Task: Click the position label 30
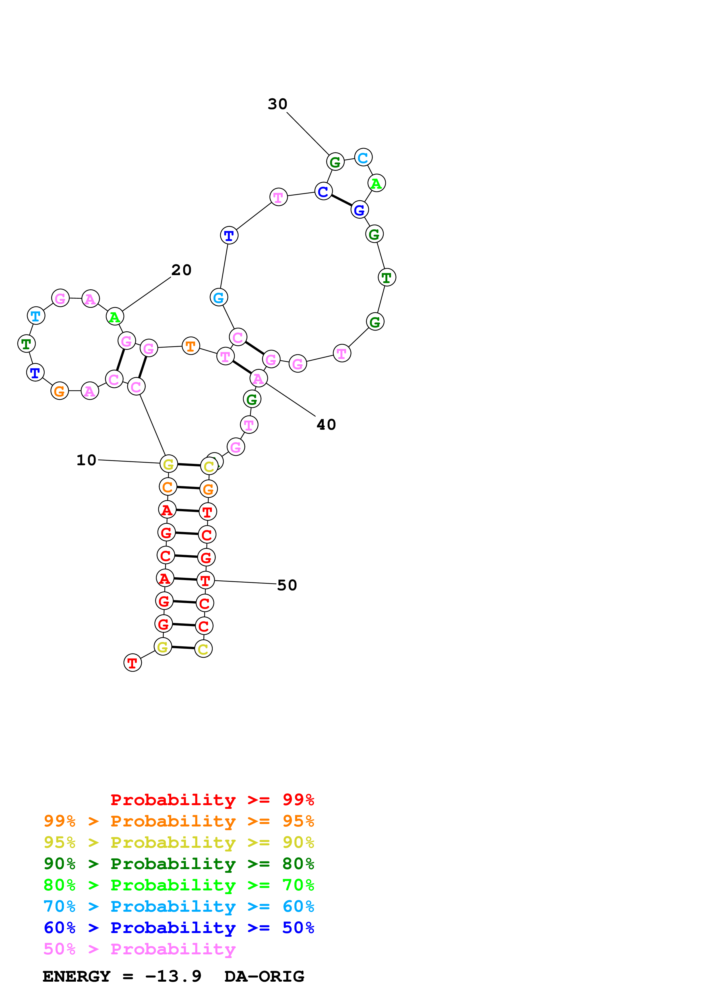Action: [277, 104]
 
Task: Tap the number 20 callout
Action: [181, 270]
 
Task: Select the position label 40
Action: [326, 425]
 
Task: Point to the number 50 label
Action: [287, 585]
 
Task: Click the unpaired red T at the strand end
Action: [133, 663]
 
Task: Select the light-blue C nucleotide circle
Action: [363, 158]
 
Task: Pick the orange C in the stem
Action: [168, 487]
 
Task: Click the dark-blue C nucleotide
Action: [323, 192]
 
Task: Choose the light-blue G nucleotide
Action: [218, 298]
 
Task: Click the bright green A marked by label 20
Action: [115, 317]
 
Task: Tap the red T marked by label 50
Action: [205, 580]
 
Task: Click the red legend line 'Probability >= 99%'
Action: [212, 799]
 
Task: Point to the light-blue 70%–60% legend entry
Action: [179, 906]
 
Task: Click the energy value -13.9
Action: [173, 976]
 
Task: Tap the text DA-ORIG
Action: [264, 976]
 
